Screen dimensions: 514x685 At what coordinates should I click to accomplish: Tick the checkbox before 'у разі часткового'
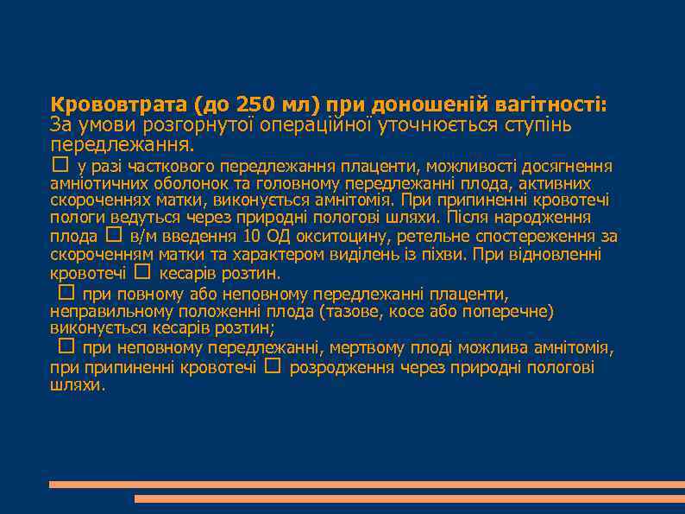pyautogui.click(x=59, y=163)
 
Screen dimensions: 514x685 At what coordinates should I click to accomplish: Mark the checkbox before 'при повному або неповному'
pyautogui.click(x=66, y=292)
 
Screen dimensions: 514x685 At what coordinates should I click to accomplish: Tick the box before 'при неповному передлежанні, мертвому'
pyautogui.click(x=66, y=346)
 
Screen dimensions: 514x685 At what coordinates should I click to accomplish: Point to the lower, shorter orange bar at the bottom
pyautogui.click(x=409, y=499)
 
